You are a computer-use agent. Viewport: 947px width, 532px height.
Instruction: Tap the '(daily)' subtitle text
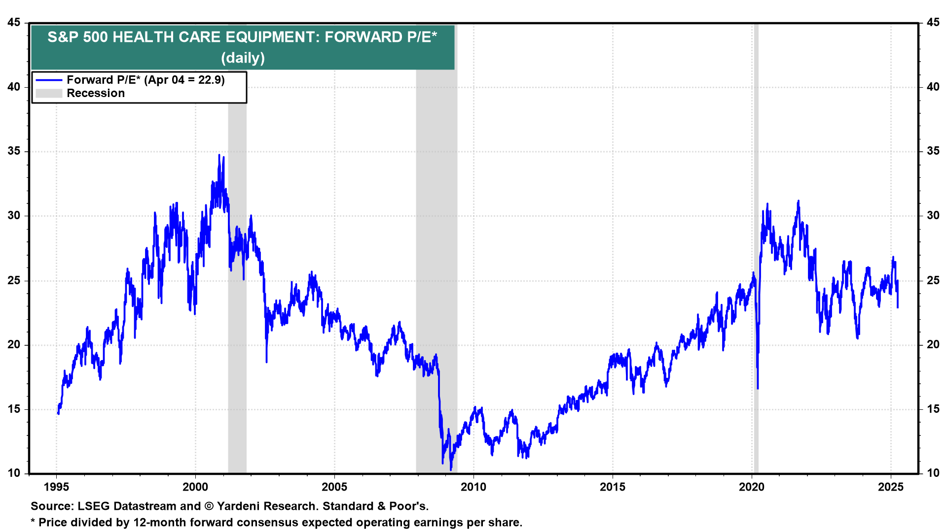coord(243,58)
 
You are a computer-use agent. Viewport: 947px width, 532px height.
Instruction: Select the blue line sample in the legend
coord(49,80)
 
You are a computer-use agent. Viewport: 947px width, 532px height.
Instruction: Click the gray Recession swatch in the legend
coord(49,94)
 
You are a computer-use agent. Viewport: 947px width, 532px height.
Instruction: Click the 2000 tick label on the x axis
coord(195,487)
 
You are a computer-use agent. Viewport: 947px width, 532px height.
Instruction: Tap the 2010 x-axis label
coord(473,487)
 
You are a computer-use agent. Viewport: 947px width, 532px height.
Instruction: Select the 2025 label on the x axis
coord(891,487)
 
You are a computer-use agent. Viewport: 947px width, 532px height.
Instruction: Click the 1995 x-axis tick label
coord(56,487)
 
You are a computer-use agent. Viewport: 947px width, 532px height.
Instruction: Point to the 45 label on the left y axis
coord(14,23)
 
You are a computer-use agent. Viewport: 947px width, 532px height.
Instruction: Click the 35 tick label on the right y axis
coord(933,151)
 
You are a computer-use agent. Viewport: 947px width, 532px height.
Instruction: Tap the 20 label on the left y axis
coord(14,345)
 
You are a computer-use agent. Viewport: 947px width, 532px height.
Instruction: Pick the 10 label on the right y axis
coord(933,473)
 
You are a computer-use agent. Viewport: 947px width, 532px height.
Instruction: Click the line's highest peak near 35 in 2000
coord(219,155)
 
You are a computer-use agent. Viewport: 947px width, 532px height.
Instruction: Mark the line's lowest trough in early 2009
coord(451,469)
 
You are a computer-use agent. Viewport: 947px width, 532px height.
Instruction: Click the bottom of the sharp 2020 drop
coord(758,389)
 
